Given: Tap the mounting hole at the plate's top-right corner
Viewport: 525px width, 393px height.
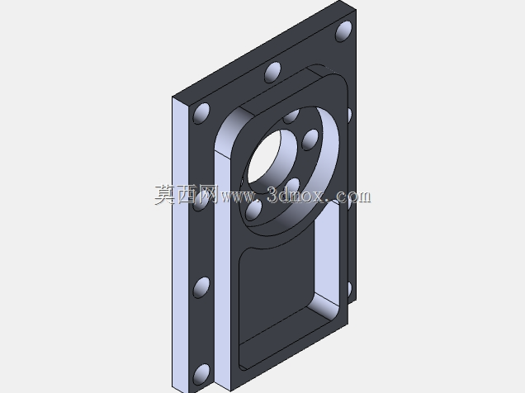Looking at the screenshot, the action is point(343,31).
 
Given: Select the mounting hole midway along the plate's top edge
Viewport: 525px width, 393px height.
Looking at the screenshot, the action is point(272,73).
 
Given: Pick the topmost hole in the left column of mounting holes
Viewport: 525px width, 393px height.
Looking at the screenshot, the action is point(202,113).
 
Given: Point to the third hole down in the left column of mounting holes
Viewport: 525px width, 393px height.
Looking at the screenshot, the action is point(201,287).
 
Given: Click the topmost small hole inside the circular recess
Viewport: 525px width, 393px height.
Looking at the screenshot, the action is point(291,116).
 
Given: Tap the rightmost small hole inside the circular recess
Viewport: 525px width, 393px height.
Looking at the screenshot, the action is point(310,140).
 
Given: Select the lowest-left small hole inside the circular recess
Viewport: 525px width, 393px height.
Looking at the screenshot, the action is point(253,211).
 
